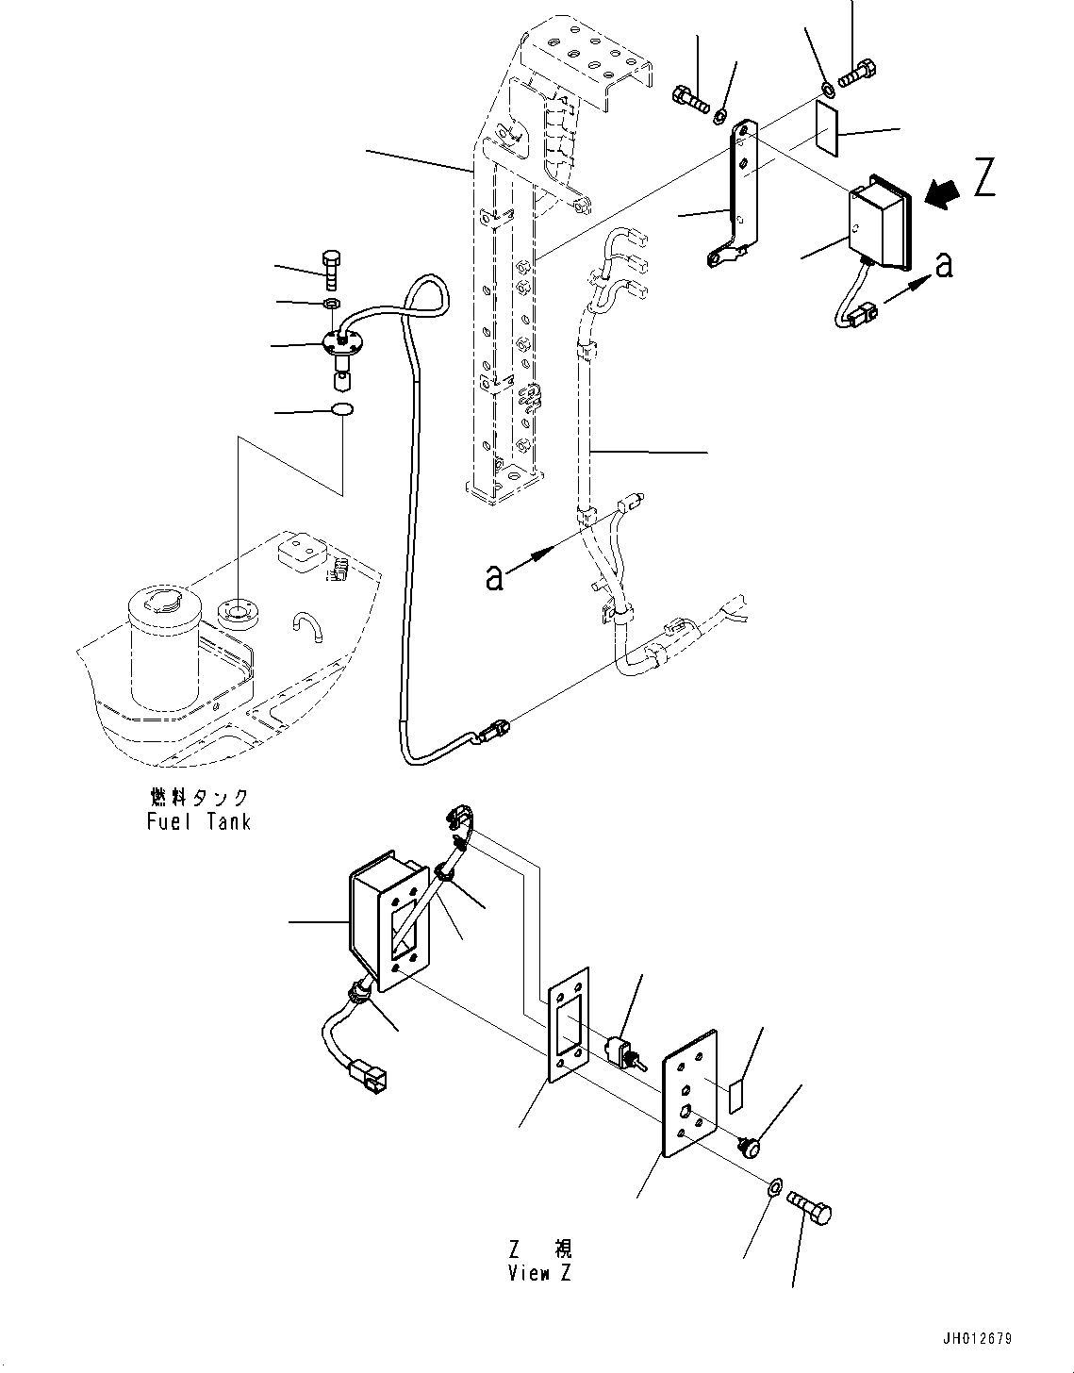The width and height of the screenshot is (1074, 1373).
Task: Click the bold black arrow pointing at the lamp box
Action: [941, 194]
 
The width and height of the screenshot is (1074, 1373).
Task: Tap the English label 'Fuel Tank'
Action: [199, 821]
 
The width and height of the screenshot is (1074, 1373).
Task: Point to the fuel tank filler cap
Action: [164, 599]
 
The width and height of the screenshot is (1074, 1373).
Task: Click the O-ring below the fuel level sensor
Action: [341, 410]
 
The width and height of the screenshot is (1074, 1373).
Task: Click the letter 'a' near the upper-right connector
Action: [943, 265]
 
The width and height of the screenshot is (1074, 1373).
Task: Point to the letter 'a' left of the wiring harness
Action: [494, 577]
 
